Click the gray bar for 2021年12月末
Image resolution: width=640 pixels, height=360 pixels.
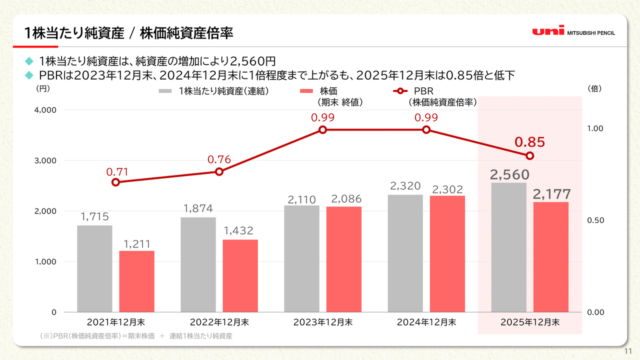click(94, 268)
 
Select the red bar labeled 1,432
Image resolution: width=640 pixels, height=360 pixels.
click(240, 275)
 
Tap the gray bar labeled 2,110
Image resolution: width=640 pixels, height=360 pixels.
click(302, 258)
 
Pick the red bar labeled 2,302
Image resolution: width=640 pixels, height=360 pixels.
click(447, 253)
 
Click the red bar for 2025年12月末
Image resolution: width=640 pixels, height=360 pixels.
click(551, 257)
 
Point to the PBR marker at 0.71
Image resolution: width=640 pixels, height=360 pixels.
click(115, 182)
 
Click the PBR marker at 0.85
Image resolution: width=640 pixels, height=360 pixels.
click(530, 155)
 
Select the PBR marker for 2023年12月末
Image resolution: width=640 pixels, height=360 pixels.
click(322, 129)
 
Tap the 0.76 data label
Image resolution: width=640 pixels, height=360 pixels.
click(219, 160)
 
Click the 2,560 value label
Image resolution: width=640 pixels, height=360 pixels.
click(509, 174)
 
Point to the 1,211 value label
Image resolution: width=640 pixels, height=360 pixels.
click(137, 244)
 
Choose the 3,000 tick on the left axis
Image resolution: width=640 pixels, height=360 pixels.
click(45, 160)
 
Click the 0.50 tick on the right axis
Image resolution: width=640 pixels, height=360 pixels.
click(594, 220)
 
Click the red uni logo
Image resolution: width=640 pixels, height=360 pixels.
click(548, 31)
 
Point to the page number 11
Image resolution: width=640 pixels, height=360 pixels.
click(628, 351)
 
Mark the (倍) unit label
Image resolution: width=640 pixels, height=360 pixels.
click(594, 88)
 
